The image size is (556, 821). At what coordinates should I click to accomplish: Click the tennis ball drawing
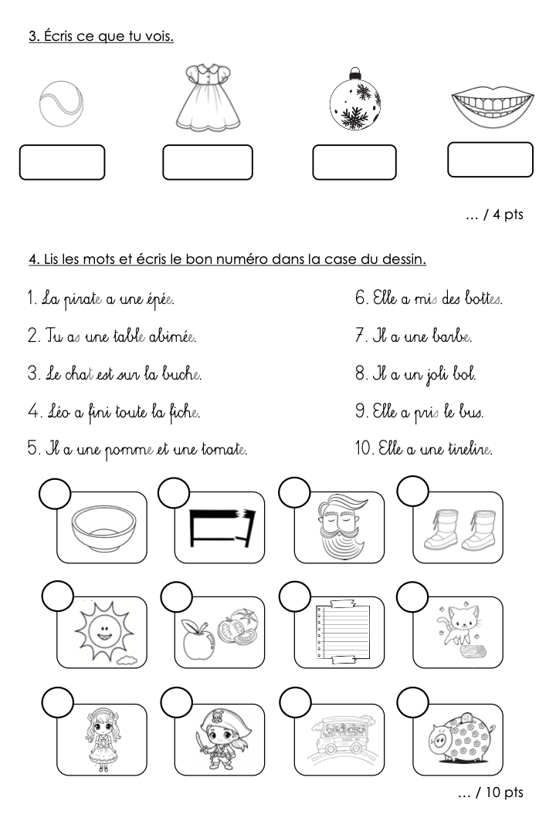click(61, 103)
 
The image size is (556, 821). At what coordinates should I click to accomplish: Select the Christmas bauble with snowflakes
click(354, 100)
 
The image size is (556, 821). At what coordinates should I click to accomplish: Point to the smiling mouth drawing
click(492, 106)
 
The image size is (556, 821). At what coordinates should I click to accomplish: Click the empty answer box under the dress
click(208, 162)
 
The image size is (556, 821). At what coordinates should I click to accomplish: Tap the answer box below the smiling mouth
click(490, 160)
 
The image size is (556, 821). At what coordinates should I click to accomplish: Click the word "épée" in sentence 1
click(159, 300)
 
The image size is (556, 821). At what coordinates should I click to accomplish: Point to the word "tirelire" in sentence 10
click(470, 449)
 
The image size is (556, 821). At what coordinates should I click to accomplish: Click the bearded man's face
click(341, 528)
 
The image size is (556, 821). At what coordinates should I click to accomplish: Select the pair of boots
click(457, 530)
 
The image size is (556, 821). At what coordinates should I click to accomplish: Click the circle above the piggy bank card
click(413, 703)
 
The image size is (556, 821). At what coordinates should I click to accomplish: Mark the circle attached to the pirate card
click(177, 703)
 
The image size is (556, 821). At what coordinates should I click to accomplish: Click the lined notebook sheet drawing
click(342, 633)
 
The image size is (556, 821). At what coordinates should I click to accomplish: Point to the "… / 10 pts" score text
click(490, 792)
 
